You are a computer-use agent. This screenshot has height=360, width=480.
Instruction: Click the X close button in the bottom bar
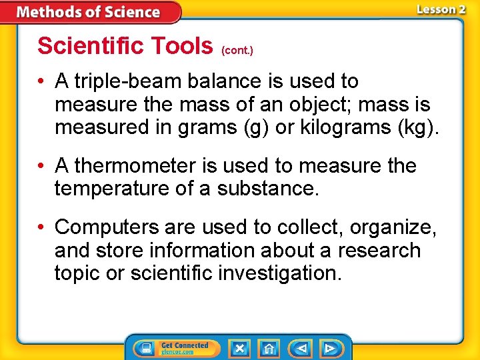pos(239,348)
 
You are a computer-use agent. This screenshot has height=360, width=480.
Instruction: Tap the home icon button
pos(269,348)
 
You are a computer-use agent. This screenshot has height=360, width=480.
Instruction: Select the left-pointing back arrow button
pos(301,348)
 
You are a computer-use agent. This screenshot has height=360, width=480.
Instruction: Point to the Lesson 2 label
pos(441,9)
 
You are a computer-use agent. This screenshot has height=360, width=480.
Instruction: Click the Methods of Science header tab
pos(89,12)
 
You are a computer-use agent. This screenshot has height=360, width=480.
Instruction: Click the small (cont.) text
pos(237,50)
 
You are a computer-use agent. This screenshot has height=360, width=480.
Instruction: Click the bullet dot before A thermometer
pos(42,166)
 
